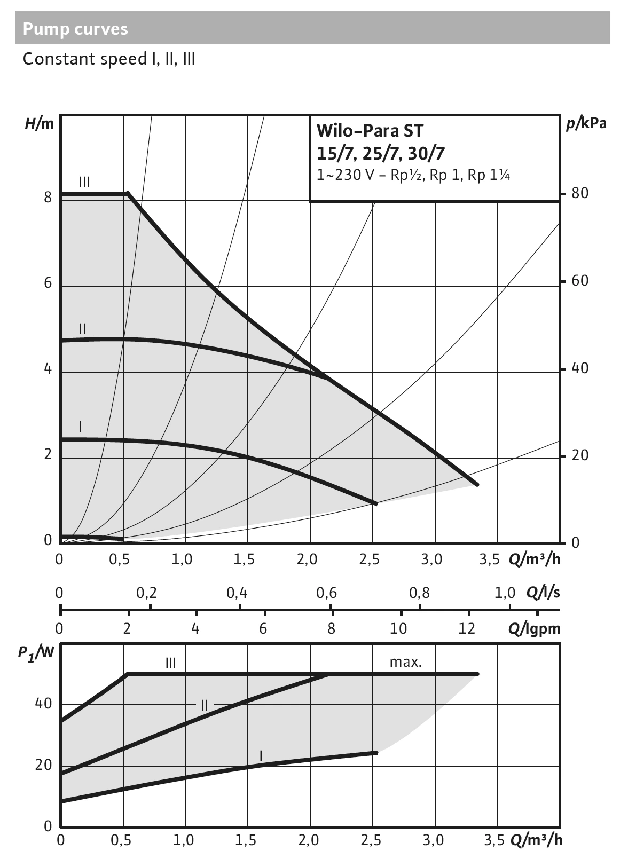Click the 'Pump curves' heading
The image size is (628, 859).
pos(75,29)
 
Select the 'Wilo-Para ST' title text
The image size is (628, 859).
pos(370,130)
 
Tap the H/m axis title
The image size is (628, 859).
pos(40,124)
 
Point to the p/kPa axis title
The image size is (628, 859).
pos(586,123)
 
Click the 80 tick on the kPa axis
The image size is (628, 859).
pos(579,193)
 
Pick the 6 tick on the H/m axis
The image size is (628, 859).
pos(48,283)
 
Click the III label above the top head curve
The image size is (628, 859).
pos(84,183)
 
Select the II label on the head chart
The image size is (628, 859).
pos(82,329)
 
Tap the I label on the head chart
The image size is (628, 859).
pos(80,427)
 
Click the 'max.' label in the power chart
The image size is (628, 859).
pos(406,663)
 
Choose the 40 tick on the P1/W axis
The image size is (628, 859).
pos(44,704)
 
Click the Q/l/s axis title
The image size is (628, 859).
pos(544,593)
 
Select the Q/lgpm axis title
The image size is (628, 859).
pos(535,628)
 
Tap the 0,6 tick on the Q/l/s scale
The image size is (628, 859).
pos(326,593)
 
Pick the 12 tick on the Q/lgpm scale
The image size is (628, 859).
pos(467,628)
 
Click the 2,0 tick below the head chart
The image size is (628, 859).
pos(307,559)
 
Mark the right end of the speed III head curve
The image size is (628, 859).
pos(477,484)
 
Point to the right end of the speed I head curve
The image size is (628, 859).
pos(376,503)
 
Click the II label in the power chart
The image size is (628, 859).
pos(205,705)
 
